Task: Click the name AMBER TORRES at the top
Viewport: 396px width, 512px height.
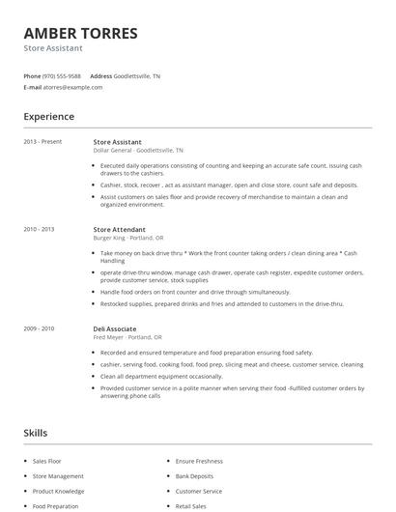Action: tap(80, 34)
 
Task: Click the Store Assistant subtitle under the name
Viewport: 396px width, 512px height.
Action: tap(53, 48)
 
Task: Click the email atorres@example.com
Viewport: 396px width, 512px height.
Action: tap(73, 87)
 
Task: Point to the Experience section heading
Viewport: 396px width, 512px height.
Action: tap(48, 117)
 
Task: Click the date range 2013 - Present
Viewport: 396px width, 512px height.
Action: tap(42, 142)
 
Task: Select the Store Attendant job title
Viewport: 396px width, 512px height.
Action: tap(121, 230)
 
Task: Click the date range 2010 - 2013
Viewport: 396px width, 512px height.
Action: tap(40, 230)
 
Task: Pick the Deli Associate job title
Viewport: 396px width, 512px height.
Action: tap(115, 328)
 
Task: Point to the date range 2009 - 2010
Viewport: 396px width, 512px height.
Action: tap(40, 328)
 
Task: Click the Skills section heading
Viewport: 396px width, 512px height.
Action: tap(36, 433)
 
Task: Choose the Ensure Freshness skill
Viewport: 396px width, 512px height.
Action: tap(199, 463)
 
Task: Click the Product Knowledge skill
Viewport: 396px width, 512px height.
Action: tap(58, 491)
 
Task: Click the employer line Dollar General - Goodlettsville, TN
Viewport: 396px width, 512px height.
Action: tap(138, 151)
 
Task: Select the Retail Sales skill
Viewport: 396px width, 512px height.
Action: tap(191, 505)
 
